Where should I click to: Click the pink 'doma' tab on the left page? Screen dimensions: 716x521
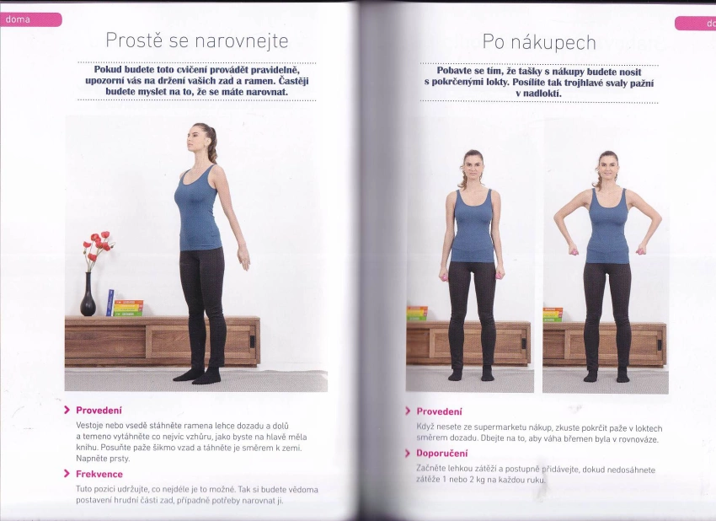[30, 19]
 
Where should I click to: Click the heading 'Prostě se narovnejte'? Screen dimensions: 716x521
[197, 40]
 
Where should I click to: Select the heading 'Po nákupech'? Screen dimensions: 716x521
[539, 42]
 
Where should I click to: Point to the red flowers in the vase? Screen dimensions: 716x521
[98, 246]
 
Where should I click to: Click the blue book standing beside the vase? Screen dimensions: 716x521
[110, 303]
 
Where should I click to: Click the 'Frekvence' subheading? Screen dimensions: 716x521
[99, 474]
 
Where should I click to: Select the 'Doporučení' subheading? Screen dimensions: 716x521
[442, 454]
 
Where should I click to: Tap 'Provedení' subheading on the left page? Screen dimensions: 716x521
[99, 410]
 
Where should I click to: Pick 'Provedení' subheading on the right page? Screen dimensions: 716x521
[439, 411]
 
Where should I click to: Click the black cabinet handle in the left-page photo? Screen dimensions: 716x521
[252, 341]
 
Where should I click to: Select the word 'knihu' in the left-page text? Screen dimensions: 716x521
[86, 448]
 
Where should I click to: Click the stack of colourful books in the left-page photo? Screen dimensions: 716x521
[128, 308]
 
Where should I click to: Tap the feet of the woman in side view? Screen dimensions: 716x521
[197, 375]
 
